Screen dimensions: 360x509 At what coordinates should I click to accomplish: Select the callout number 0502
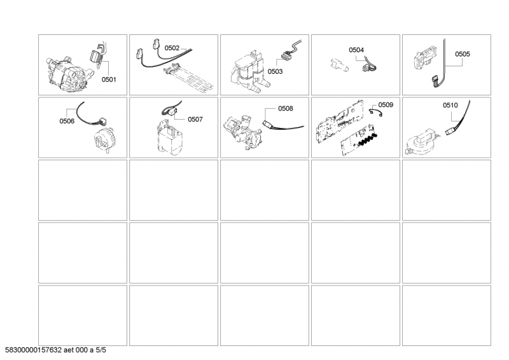point(172,48)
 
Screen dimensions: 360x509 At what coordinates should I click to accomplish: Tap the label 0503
point(275,72)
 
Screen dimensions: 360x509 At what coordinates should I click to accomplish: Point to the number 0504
point(356,49)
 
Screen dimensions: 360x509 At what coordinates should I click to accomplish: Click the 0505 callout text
point(463,54)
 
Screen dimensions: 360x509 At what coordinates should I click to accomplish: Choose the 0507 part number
point(195,119)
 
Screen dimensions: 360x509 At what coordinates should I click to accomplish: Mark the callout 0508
point(285,109)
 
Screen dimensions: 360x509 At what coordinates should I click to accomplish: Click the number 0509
point(386,104)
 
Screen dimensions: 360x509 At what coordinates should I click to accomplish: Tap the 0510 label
point(450,104)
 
